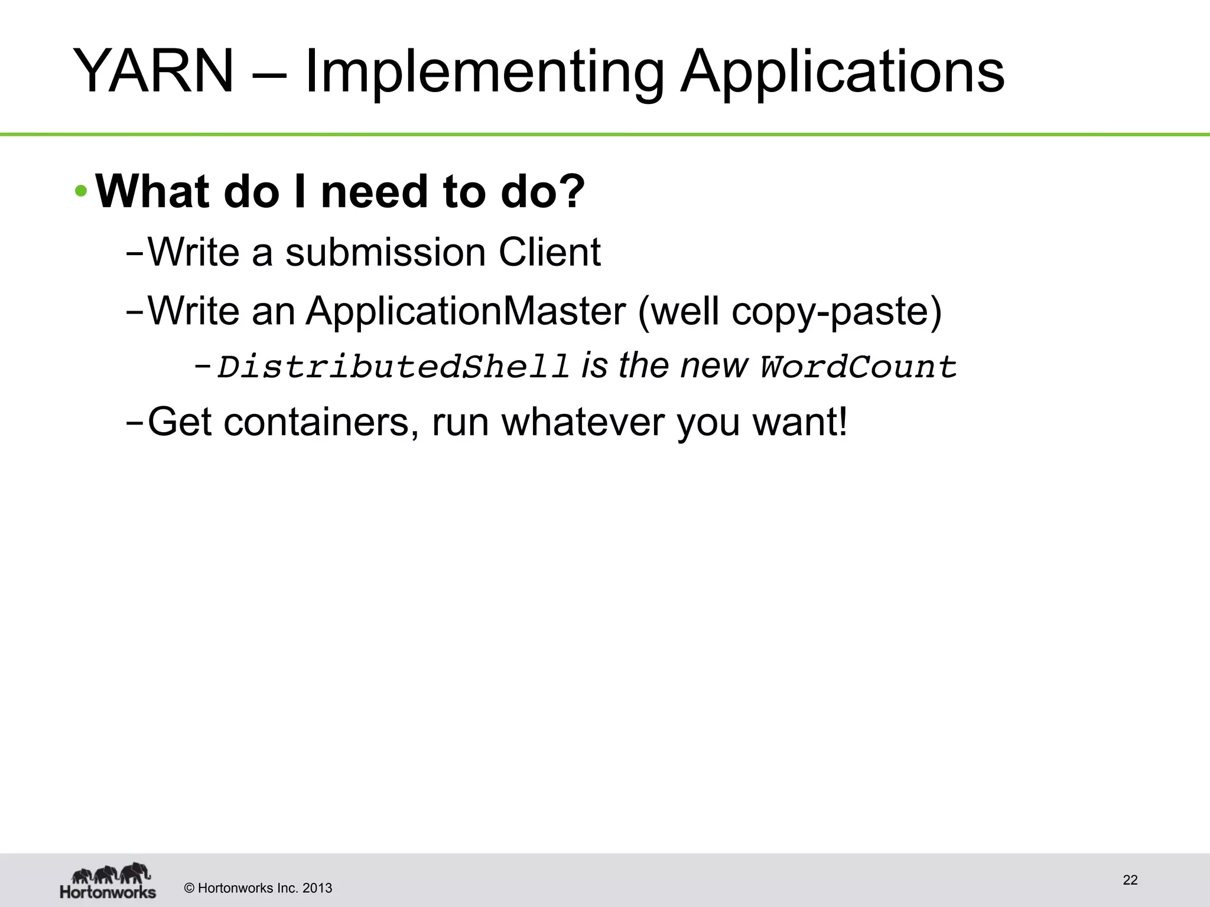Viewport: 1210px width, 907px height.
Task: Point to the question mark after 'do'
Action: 570,191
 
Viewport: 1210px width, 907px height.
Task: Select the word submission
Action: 385,253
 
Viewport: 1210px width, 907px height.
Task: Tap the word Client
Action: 549,253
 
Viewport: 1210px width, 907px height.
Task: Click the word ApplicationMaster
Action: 466,311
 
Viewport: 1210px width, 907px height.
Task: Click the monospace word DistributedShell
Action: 393,367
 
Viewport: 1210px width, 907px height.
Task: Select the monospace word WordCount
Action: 858,367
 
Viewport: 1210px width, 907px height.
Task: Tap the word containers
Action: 316,422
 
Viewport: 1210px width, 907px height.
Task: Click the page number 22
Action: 1130,880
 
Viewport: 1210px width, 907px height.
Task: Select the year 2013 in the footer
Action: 317,888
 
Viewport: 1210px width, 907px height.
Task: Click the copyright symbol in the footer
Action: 190,888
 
